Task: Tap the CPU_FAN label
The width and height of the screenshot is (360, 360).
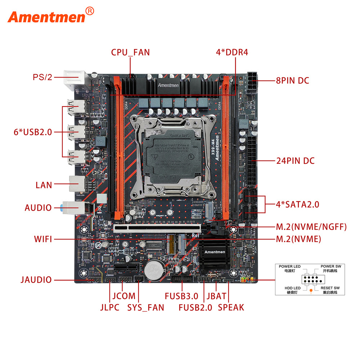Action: pyautogui.click(x=130, y=52)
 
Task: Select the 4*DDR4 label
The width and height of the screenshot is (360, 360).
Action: pyautogui.click(x=232, y=52)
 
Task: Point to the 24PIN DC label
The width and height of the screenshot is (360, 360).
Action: pyautogui.click(x=295, y=161)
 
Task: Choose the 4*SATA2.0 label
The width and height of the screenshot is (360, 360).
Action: pyautogui.click(x=297, y=204)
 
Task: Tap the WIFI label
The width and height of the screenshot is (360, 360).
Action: pyautogui.click(x=43, y=239)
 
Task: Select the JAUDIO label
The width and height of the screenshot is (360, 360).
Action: pyautogui.click(x=36, y=280)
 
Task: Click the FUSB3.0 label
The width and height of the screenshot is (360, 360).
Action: pyautogui.click(x=181, y=296)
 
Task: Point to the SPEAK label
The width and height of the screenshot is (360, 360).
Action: pyautogui.click(x=231, y=307)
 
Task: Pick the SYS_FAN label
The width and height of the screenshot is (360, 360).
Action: pyautogui.click(x=145, y=307)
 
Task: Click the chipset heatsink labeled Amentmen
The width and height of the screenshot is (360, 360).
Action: pyautogui.click(x=215, y=252)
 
